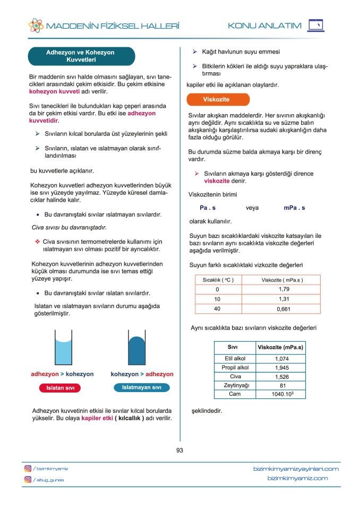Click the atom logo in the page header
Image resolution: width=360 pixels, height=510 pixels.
click(36, 25)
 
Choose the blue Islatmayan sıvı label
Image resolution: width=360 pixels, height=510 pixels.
click(142, 387)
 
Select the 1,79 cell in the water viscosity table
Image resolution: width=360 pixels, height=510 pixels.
click(284, 289)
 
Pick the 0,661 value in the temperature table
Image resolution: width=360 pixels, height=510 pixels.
click(284, 309)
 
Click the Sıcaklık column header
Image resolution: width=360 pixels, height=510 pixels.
click(218, 279)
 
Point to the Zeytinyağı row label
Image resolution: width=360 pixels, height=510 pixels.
click(235, 385)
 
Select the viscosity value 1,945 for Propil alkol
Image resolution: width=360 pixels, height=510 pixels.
click(281, 368)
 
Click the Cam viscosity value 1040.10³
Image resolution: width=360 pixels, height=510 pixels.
click(281, 394)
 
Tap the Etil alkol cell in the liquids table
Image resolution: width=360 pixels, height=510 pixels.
click(235, 359)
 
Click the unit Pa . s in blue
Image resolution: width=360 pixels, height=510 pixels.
click(208, 208)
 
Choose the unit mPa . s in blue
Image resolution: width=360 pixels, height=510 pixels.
click(294, 208)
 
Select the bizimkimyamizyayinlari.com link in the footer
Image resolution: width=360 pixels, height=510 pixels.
click(296, 469)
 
